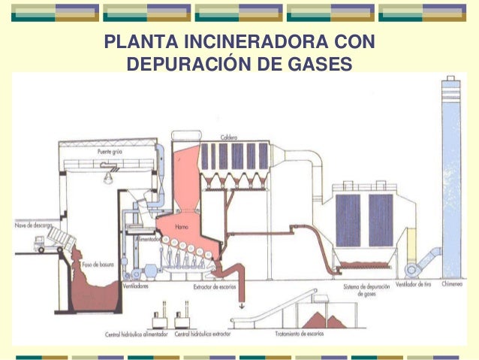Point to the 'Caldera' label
pyautogui.click(x=230, y=137)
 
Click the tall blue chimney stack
pyautogui.click(x=452, y=173)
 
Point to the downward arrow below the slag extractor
pyautogui.click(x=242, y=306)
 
